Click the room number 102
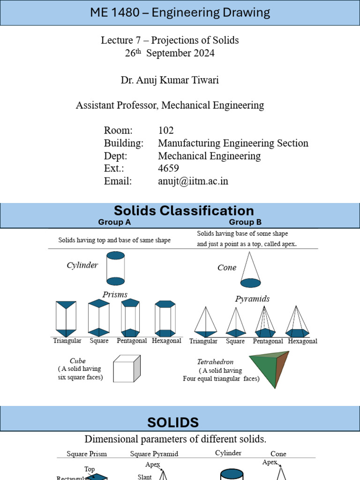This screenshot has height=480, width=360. pyautogui.click(x=166, y=130)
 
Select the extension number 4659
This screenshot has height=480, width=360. pyautogui.click(x=168, y=168)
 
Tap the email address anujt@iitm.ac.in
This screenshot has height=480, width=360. pyautogui.click(x=193, y=181)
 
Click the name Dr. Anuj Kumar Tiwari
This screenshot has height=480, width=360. pyautogui.click(x=170, y=80)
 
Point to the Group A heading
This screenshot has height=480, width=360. pyautogui.click(x=114, y=222)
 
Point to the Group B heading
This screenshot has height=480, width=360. pyautogui.click(x=245, y=222)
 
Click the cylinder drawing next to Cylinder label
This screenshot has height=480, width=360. pyautogui.click(x=115, y=268)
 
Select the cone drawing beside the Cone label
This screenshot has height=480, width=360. pyautogui.click(x=251, y=270)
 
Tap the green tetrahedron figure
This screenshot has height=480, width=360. pyautogui.click(x=270, y=368)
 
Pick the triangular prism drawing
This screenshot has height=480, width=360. pyautogui.click(x=66, y=319)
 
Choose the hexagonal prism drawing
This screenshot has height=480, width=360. pyautogui.click(x=165, y=318)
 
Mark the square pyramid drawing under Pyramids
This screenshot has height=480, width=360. pyautogui.click(x=236, y=322)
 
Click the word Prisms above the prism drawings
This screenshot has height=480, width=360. pyautogui.click(x=115, y=294)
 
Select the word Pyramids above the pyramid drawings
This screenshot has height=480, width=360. pyautogui.click(x=252, y=299)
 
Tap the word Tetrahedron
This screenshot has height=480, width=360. pyautogui.click(x=215, y=362)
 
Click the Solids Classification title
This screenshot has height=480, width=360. pyautogui.click(x=184, y=210)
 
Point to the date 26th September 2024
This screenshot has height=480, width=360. pyautogui.click(x=170, y=53)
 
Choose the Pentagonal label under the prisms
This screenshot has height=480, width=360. pyautogui.click(x=132, y=341)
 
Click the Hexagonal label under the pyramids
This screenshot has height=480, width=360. pyautogui.click(x=302, y=341)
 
